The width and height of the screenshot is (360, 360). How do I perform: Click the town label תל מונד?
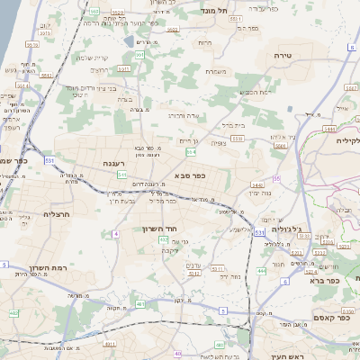click(217, 10)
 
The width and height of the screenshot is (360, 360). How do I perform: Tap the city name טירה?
click(283, 56)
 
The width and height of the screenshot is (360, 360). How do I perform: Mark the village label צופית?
click(219, 142)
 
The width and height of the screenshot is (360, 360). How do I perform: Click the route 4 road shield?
click(116, 234)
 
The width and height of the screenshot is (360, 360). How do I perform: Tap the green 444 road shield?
click(261, 269)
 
